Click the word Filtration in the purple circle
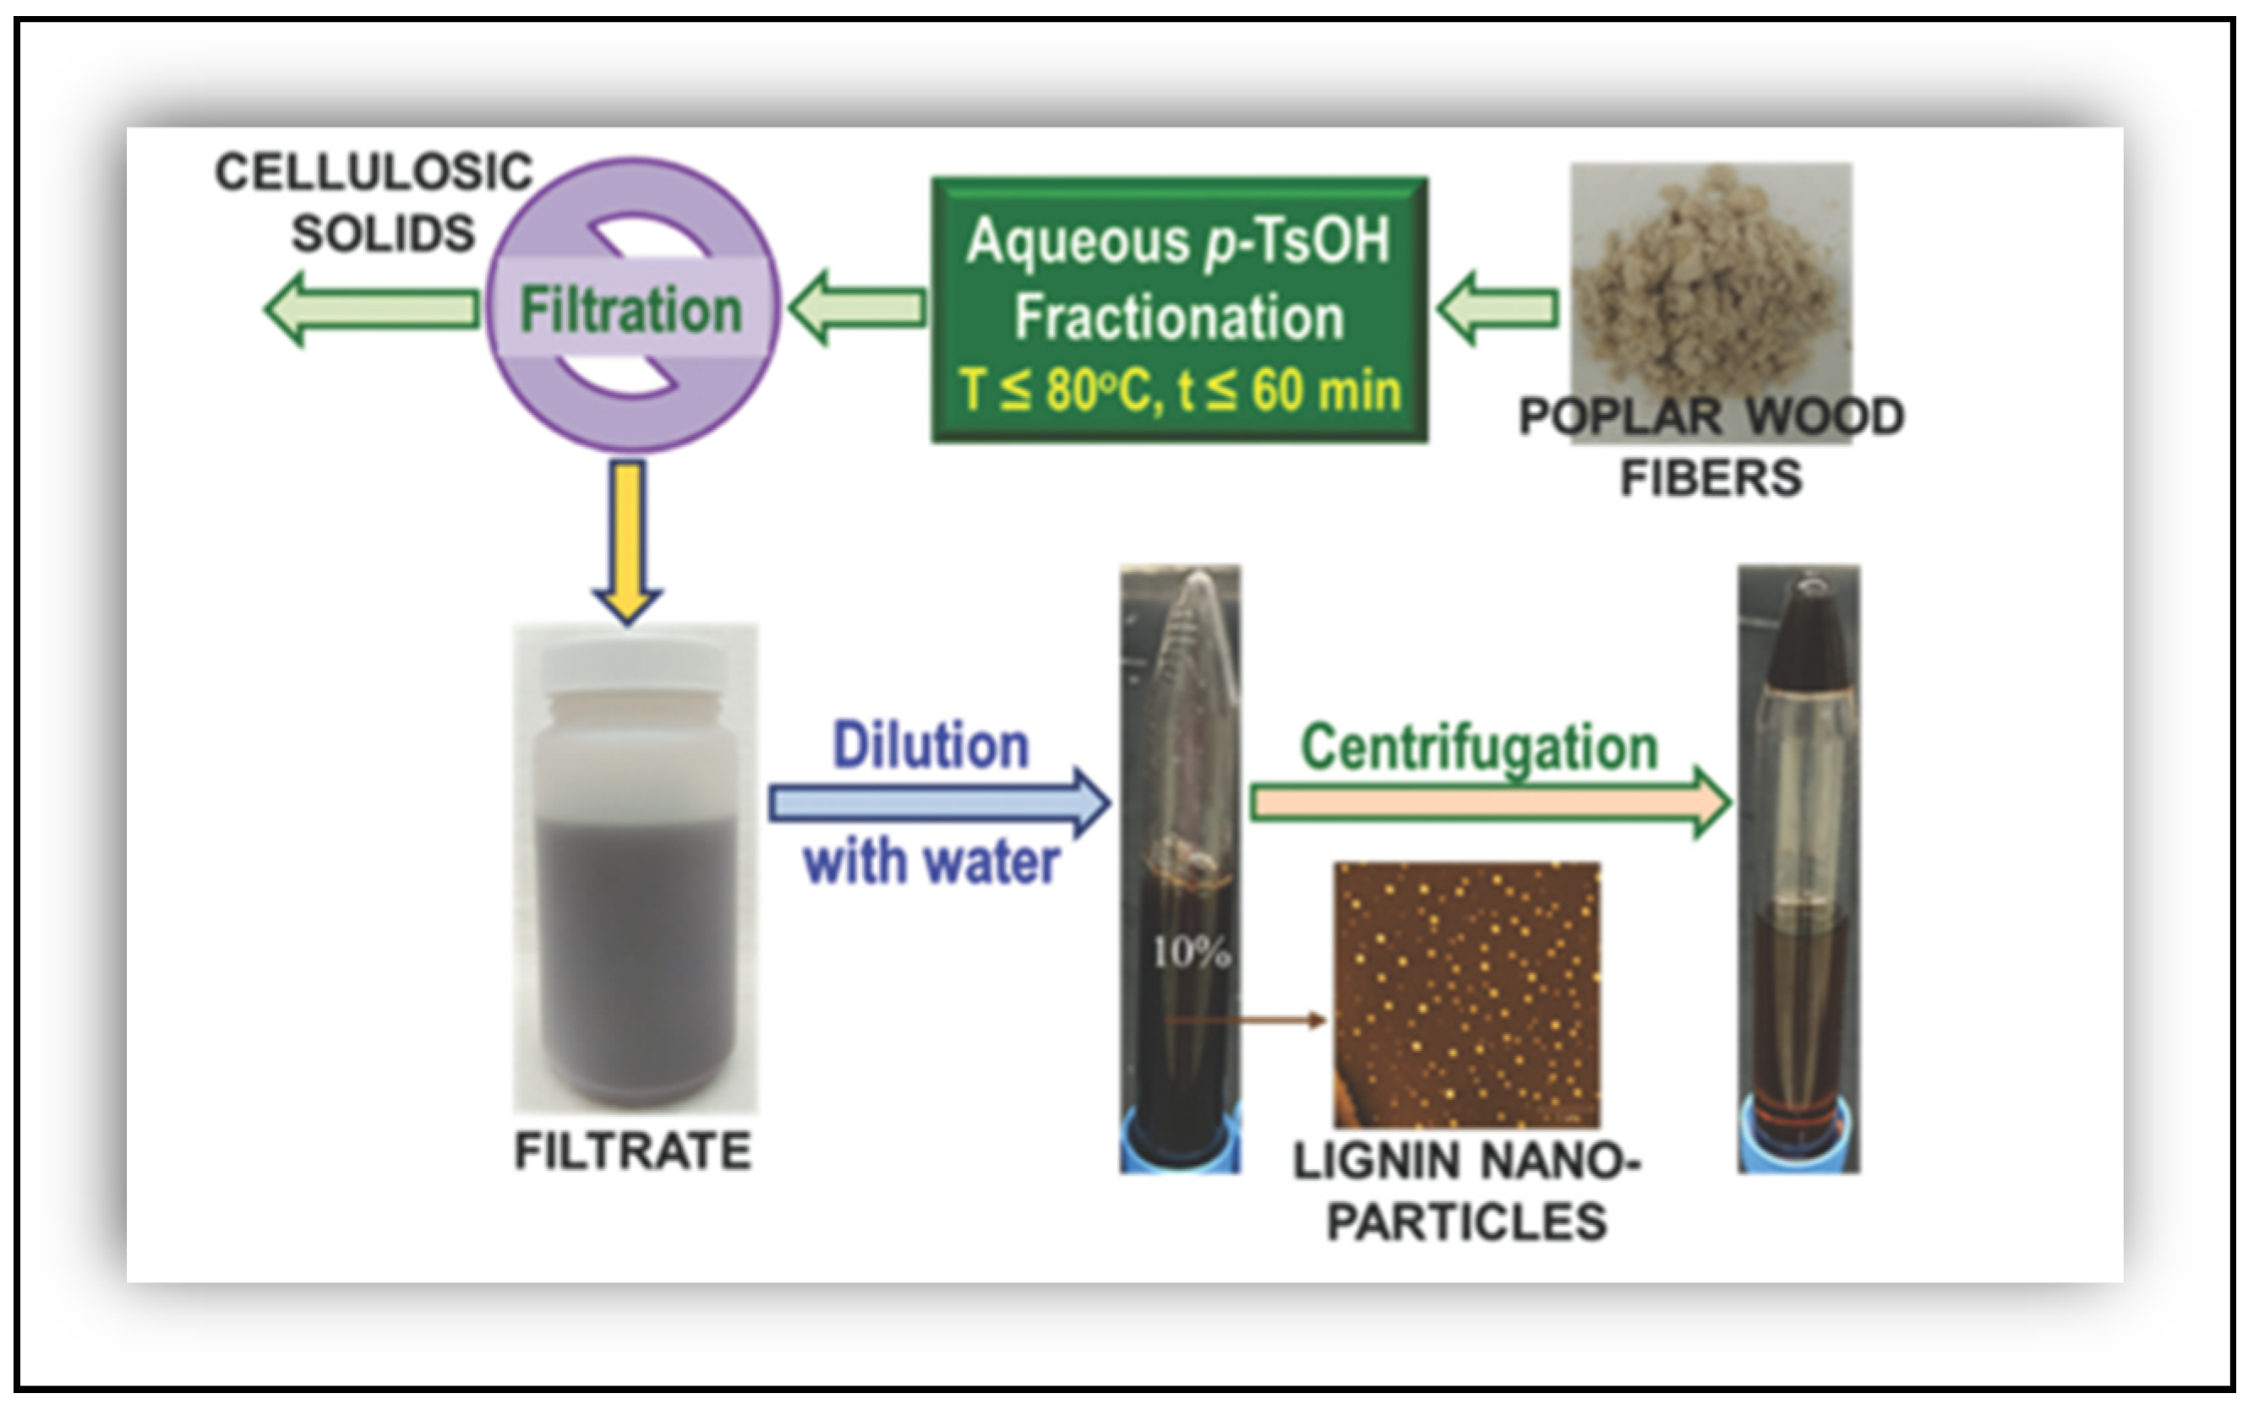[x=630, y=310]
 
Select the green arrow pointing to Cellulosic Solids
[x=372, y=309]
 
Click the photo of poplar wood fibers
[x=1711, y=280]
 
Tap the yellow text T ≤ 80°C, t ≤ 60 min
[x=1180, y=390]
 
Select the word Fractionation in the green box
[x=1180, y=318]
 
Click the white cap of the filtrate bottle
[x=634, y=667]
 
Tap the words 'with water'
[x=931, y=862]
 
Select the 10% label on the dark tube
[x=1191, y=953]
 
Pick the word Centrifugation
[x=1479, y=747]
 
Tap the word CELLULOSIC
[x=374, y=172]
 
